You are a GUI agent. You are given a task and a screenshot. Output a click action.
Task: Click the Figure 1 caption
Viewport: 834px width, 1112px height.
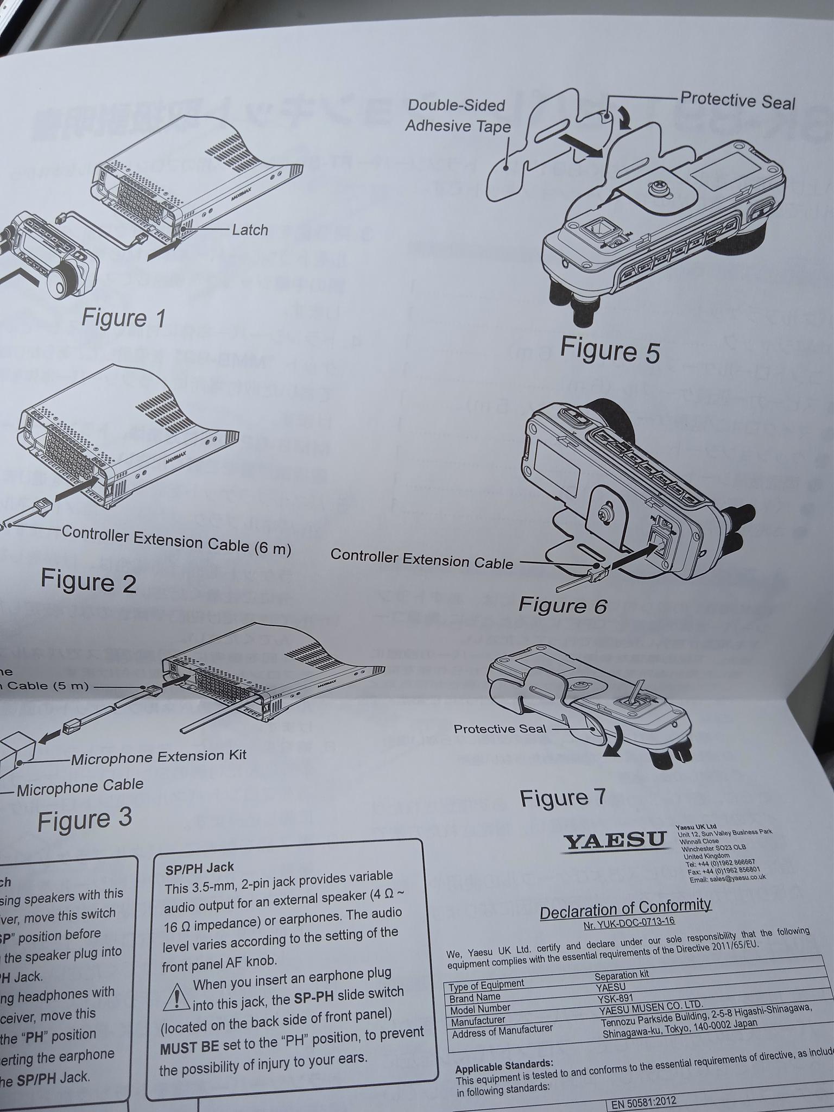point(123,318)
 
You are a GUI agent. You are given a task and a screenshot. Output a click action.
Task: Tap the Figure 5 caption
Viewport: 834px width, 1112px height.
point(609,349)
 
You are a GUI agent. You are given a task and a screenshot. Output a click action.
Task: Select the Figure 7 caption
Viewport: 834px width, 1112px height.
point(562,797)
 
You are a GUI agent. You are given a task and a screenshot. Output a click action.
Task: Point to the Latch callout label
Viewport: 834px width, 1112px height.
point(250,230)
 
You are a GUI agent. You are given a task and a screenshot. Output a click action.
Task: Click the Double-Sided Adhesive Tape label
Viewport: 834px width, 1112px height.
point(457,116)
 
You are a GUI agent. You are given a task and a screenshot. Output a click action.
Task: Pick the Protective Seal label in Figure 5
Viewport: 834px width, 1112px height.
point(737,100)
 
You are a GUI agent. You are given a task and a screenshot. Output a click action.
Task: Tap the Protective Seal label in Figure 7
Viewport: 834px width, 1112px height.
point(500,729)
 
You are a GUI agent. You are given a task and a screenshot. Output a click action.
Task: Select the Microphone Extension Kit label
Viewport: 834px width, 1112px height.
point(159,756)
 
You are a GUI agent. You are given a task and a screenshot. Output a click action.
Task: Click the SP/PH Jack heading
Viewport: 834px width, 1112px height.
point(199,868)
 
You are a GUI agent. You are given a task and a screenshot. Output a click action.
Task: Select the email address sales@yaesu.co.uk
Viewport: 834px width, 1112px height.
point(728,878)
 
